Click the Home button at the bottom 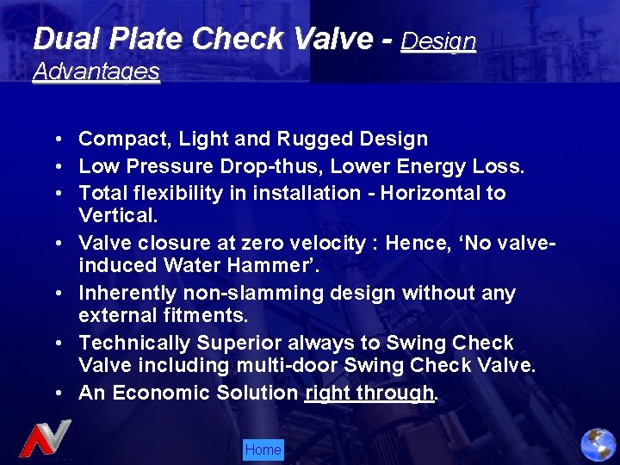coord(263,449)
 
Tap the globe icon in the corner coord(598,445)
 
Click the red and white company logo coord(45,439)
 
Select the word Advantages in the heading coord(96,71)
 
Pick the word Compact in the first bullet coord(118,139)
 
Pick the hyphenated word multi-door coord(287,365)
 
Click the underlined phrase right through coord(369,394)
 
